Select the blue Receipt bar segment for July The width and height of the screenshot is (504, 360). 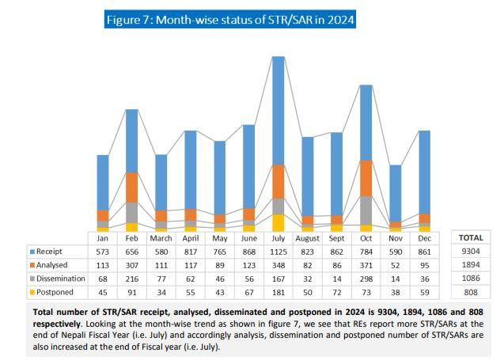point(278,111)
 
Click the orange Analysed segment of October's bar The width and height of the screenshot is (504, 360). point(366,178)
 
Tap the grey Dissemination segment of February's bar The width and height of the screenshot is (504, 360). point(132,213)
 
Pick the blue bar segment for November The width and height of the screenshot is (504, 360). point(395,193)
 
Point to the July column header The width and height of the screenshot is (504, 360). point(278,237)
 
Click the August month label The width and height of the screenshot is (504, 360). point(307,237)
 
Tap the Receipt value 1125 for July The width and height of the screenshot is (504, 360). point(278,252)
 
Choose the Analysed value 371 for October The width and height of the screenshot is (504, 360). point(366,265)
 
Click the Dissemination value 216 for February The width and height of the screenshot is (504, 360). point(132,279)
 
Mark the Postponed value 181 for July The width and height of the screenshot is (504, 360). point(278,293)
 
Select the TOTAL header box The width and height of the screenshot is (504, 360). point(471,237)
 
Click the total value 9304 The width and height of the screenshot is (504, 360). point(471,252)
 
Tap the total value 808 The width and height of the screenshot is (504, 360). point(471,293)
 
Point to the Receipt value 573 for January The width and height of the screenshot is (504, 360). point(103,252)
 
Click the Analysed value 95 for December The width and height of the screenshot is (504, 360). point(424,265)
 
